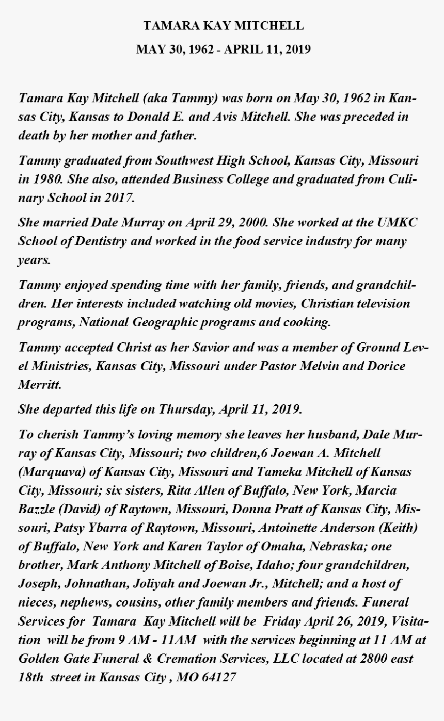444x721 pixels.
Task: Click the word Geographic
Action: click(165, 322)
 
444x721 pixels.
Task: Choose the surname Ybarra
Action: click(114, 528)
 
